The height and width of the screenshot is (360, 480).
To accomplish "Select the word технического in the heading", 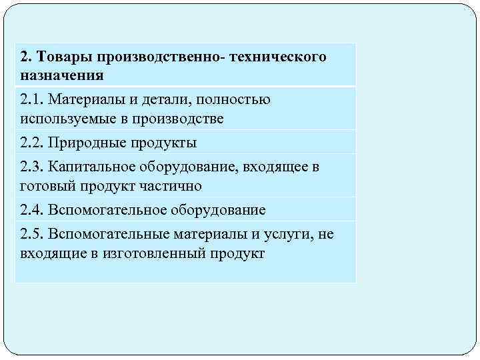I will click(278, 57).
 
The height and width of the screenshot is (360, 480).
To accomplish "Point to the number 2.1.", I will click(31, 99).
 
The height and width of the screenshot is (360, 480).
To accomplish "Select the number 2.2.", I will click(31, 143).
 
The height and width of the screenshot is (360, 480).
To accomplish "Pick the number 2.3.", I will click(31, 166).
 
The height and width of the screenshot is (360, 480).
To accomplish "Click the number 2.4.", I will click(31, 210).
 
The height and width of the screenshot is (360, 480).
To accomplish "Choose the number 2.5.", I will click(31, 234).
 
